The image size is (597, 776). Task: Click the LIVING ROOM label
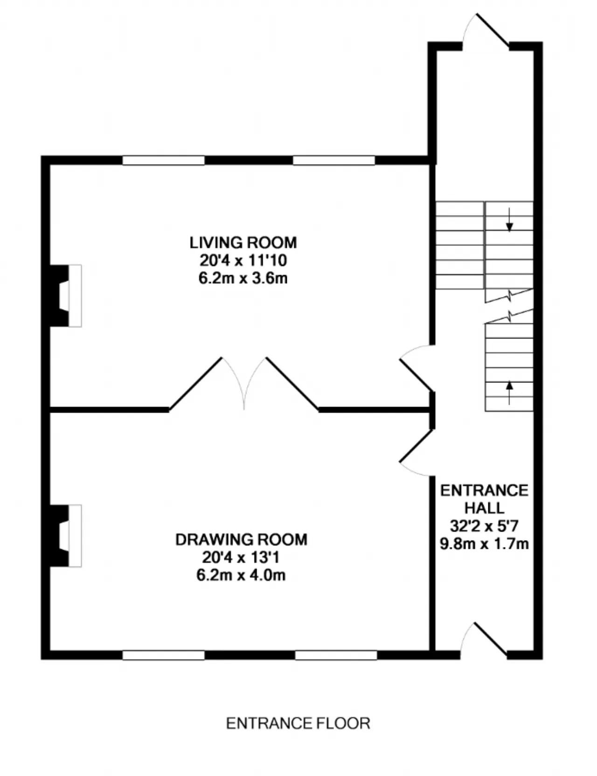tap(243, 242)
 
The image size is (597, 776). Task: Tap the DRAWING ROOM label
tap(241, 540)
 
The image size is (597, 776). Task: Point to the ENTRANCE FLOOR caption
tap(298, 723)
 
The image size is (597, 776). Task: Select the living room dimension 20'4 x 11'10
tap(243, 260)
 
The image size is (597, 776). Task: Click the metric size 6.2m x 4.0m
tap(241, 575)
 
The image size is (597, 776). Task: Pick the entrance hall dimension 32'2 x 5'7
tap(484, 526)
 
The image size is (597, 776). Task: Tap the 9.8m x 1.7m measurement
tap(484, 544)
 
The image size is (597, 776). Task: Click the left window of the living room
tap(164, 160)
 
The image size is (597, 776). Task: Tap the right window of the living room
tap(334, 160)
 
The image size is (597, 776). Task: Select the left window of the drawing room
tap(164, 655)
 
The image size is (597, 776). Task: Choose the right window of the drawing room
tap(336, 655)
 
